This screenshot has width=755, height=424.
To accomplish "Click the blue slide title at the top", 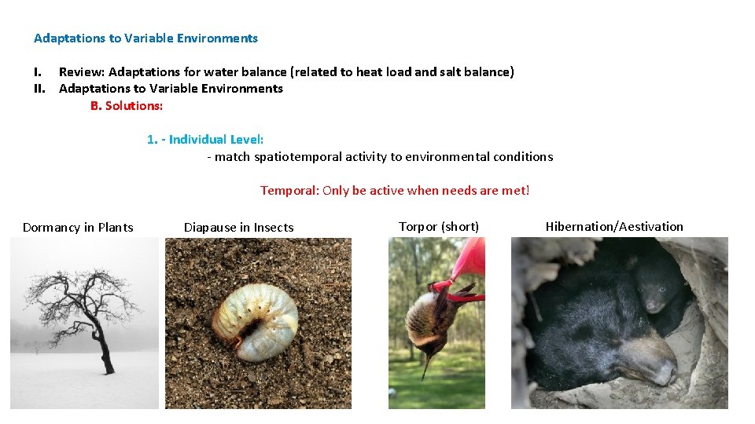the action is (x=145, y=38).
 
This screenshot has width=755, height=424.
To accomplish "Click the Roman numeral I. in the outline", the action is (x=38, y=72).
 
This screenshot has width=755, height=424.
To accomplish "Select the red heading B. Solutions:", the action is (x=127, y=106).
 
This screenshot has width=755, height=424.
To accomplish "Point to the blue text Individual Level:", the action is (x=215, y=140).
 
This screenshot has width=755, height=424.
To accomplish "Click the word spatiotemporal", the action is (x=297, y=157).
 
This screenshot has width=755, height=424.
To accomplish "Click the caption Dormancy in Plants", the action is (x=78, y=228).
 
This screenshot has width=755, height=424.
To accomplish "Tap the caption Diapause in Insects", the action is (x=239, y=228).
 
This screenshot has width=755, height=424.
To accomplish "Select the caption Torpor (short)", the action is (x=439, y=226).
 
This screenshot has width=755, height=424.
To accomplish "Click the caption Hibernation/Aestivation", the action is (x=614, y=226).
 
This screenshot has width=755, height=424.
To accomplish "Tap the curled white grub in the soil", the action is (x=255, y=321).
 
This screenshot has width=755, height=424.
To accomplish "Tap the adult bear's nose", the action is (x=666, y=372).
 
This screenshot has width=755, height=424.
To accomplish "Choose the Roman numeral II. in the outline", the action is (x=39, y=89).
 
